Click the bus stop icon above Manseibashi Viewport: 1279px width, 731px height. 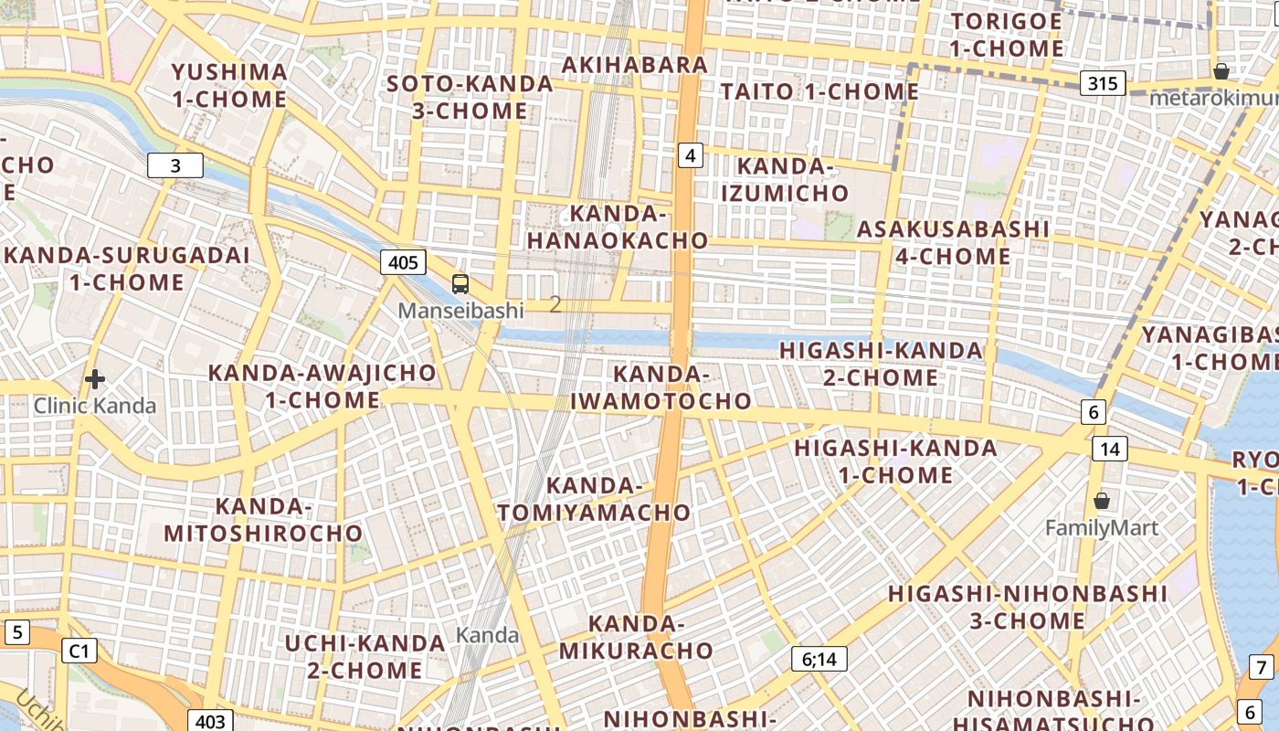(460, 284)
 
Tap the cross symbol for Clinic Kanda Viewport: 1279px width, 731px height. (95, 379)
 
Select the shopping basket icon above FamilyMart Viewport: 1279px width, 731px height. (1102, 501)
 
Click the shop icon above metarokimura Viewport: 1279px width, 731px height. (1221, 71)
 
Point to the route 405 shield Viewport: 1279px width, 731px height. (403, 263)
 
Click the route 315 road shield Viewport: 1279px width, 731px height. (1103, 84)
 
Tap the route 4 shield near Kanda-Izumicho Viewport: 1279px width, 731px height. (690, 156)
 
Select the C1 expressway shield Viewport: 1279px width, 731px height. (79, 651)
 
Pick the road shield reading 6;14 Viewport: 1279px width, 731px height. (819, 659)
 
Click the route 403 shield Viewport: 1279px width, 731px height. (210, 721)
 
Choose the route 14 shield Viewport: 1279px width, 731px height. (1110, 449)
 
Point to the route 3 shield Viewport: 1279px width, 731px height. (175, 165)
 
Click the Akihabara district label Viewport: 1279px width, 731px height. (635, 65)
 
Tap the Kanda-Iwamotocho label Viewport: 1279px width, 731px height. (661, 387)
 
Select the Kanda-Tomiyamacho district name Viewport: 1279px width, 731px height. (595, 499)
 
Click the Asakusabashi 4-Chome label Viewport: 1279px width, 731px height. (953, 242)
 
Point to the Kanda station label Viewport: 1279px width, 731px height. (487, 635)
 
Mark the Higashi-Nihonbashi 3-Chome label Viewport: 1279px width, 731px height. (1028, 608)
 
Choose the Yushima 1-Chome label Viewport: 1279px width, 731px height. (229, 85)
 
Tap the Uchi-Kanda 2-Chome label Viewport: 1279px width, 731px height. (365, 656)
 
